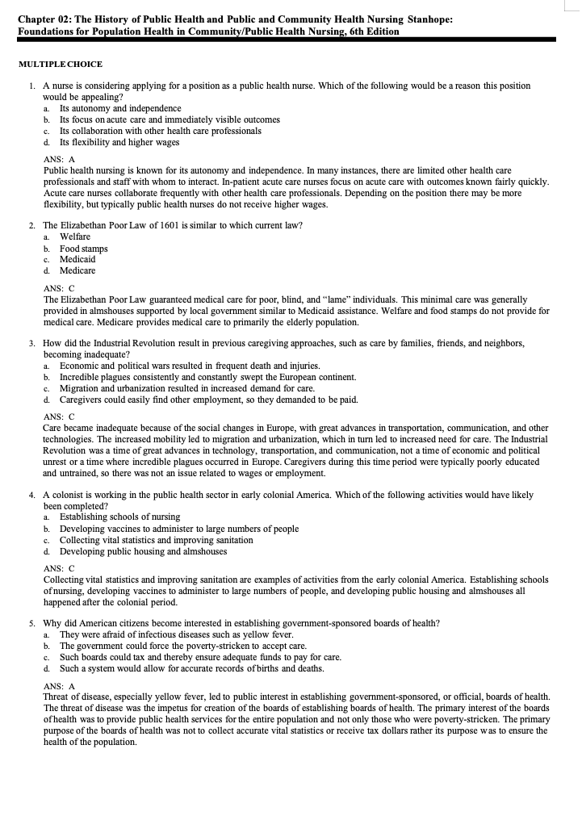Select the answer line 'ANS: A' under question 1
pos(58,159)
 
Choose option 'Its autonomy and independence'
pos(120,108)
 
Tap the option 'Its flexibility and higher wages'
pos(119,142)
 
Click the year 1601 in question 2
pos(149,225)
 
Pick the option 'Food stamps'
pos(83,249)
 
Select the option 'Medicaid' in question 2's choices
pos(77,259)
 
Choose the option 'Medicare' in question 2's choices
pos(77,270)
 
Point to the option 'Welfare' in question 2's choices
pos(75,236)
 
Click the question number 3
pos(31,343)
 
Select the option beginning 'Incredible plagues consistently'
pos(207,377)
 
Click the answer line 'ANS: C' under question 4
pos(58,568)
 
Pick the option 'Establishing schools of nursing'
pos(119,517)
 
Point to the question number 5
pos(31,623)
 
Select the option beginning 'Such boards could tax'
pos(200,657)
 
